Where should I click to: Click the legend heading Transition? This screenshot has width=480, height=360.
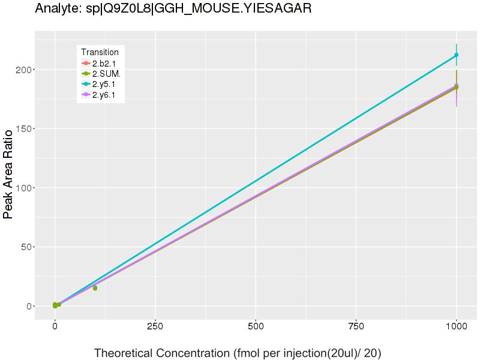pos(100,52)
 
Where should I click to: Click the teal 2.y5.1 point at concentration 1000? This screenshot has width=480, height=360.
pos(457,55)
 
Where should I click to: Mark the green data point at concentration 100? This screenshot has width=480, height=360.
pos(95,288)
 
